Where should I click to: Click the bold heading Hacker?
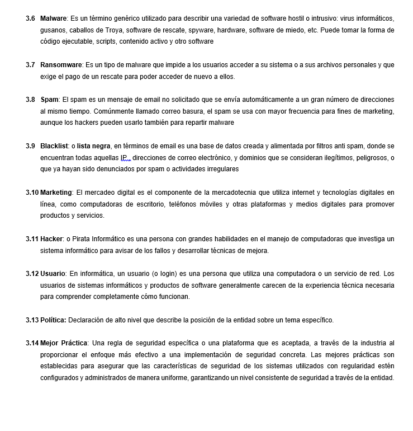(x=51, y=239)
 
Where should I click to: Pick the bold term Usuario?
(x=53, y=274)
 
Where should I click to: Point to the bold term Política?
(x=53, y=320)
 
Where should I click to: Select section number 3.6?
(x=31, y=19)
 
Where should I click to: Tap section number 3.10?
(x=32, y=193)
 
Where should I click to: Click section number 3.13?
(x=32, y=320)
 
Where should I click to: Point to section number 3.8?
(x=31, y=100)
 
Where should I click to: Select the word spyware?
(x=201, y=30)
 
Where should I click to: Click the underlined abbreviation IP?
(x=124, y=158)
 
